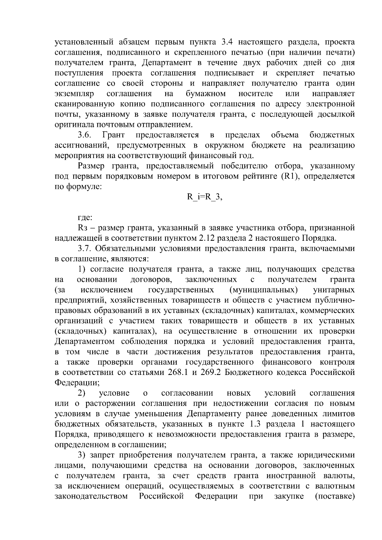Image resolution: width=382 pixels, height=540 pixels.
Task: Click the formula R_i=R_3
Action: (204, 197)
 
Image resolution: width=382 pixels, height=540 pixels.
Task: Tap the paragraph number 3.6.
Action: (85, 135)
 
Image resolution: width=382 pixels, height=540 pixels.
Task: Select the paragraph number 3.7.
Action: (85, 248)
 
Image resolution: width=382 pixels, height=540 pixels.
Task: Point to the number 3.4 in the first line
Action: (226, 42)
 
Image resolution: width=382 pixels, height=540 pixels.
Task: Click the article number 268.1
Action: (178, 372)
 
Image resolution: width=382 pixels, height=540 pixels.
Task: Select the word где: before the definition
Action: (85, 218)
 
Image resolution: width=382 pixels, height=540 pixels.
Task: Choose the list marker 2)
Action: (82, 393)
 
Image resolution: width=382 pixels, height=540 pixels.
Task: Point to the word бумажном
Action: (206, 94)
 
